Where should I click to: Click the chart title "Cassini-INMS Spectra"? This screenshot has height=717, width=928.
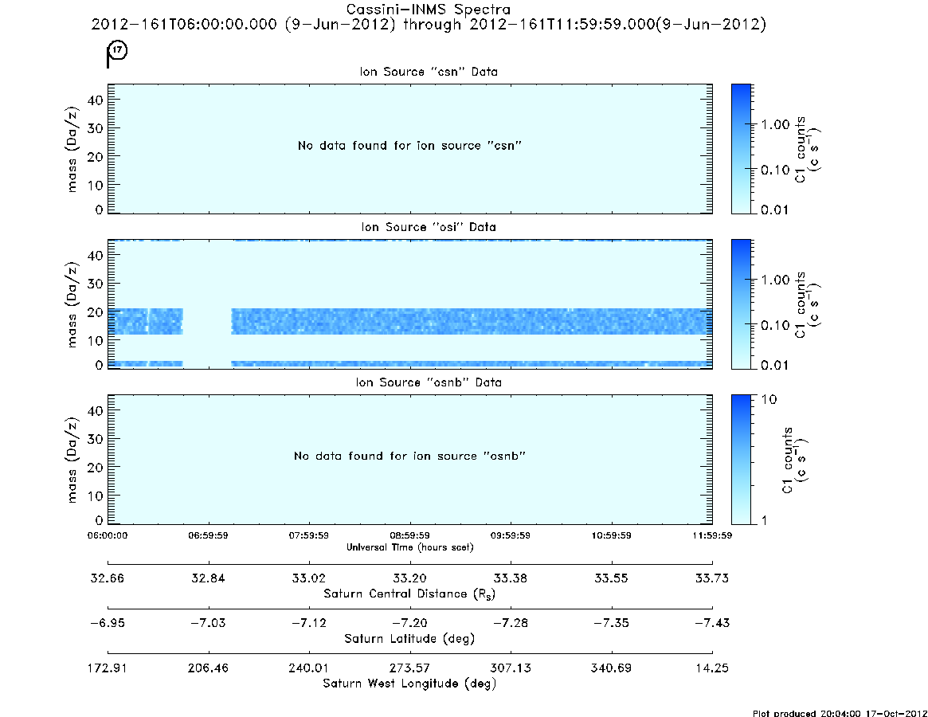tap(429, 10)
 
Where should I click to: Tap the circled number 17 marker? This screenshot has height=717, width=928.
tap(118, 51)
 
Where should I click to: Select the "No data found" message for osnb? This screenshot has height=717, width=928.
tap(409, 456)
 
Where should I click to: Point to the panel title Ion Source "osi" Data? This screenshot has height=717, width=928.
tap(429, 227)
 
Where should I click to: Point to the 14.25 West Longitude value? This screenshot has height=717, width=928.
tap(712, 667)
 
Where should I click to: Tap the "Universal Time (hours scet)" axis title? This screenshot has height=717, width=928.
tap(409, 547)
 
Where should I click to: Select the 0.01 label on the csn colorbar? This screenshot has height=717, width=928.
tap(774, 210)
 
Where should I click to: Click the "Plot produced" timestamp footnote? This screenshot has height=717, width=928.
tap(838, 712)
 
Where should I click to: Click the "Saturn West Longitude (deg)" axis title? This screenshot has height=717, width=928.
tap(409, 684)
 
